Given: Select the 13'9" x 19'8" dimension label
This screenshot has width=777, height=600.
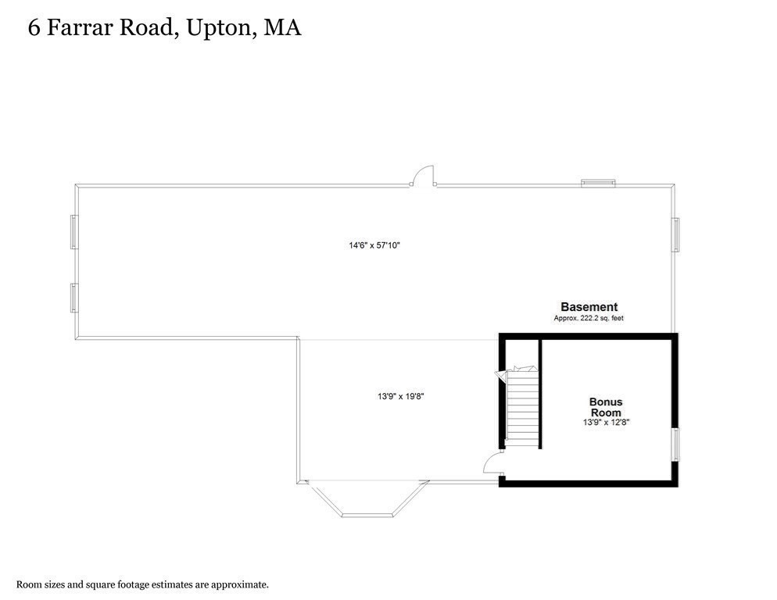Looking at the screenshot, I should point(400,396).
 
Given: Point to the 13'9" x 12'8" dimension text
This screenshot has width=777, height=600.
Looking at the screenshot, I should point(606,422).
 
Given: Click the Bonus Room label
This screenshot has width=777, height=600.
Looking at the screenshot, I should point(606,406).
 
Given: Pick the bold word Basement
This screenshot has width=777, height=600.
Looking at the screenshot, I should point(589,307).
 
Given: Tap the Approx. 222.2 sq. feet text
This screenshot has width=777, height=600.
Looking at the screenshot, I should point(589,319).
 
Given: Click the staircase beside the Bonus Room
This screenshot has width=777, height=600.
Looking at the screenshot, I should point(522,406).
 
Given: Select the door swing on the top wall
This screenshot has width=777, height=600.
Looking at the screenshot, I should point(424,176).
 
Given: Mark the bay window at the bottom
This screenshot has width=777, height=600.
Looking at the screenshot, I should point(369,500).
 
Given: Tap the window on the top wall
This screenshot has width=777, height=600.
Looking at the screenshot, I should point(598,184).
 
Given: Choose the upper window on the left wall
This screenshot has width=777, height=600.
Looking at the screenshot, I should point(74,232).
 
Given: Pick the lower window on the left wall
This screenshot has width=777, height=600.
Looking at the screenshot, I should point(74,298).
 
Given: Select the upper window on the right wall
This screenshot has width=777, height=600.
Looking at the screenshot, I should point(676,234).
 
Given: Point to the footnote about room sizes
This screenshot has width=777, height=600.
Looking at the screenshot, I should point(143,584).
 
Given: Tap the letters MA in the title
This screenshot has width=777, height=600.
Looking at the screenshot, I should point(282,29).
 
